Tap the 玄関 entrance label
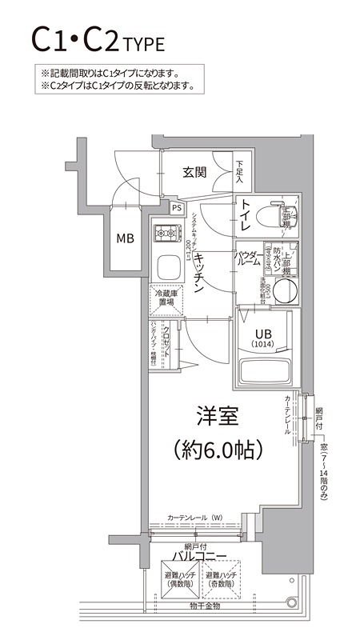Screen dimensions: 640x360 194,171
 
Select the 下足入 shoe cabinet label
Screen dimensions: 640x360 240,171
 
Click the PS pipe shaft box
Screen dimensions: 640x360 176,207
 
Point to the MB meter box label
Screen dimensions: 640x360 126,238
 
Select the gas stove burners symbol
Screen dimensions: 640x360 167,234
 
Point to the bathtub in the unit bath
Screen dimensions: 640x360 265,370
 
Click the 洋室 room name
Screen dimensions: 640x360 218,416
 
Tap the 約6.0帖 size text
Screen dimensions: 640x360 218,450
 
